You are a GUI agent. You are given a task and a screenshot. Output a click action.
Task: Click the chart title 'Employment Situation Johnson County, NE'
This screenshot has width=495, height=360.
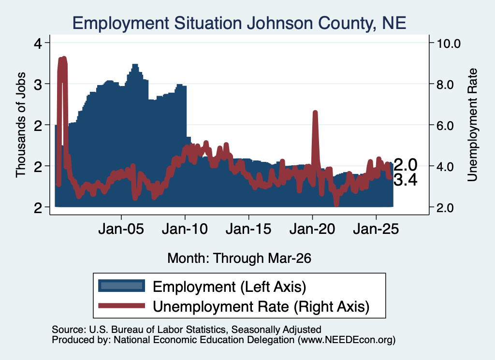pyautogui.click(x=239, y=23)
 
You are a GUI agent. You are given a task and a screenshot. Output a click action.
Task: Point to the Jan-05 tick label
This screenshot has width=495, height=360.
pyautogui.click(x=121, y=229)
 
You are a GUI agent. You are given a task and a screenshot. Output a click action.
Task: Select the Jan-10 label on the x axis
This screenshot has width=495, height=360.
pyautogui.click(x=185, y=229)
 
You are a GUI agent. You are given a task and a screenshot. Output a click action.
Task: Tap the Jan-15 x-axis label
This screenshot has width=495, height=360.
pyautogui.click(x=248, y=229)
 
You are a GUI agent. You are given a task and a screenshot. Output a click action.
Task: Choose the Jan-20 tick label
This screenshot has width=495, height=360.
pyautogui.click(x=312, y=229)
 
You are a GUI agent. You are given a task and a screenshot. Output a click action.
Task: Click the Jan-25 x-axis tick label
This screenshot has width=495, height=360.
pyautogui.click(x=376, y=229)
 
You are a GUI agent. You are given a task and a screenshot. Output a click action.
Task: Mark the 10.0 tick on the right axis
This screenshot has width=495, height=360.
pyautogui.click(x=449, y=43)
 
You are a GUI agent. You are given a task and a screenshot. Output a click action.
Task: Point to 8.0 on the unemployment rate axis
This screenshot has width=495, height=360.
pyautogui.click(x=445, y=85)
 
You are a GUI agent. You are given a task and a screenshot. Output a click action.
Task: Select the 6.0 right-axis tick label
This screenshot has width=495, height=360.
pyautogui.click(x=445, y=126)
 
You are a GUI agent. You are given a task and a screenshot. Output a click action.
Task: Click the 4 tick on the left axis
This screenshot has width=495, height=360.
pyautogui.click(x=38, y=43)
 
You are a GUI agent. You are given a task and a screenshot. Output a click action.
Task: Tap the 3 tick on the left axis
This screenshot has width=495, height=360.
pyautogui.click(x=38, y=85)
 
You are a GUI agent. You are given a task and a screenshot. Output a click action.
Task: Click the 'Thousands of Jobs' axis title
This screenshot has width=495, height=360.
pyautogui.click(x=20, y=125)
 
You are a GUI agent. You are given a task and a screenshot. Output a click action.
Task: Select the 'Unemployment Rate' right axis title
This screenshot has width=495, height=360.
pyautogui.click(x=473, y=125)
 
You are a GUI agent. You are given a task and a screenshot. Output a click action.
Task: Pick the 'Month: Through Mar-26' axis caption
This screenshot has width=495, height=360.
pyautogui.click(x=239, y=258)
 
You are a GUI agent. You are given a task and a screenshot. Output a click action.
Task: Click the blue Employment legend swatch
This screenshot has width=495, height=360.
pyautogui.click(x=121, y=286)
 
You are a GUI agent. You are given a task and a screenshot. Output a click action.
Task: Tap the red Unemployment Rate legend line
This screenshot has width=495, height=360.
pyautogui.click(x=121, y=305)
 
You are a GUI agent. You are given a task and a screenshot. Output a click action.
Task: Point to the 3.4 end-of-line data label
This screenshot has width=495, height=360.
pyautogui.click(x=406, y=180)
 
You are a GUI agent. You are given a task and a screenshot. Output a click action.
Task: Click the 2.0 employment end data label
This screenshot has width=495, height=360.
pyautogui.click(x=406, y=165)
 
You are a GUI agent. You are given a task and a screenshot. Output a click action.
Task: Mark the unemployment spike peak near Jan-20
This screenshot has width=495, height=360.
pyautogui.click(x=315, y=112)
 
